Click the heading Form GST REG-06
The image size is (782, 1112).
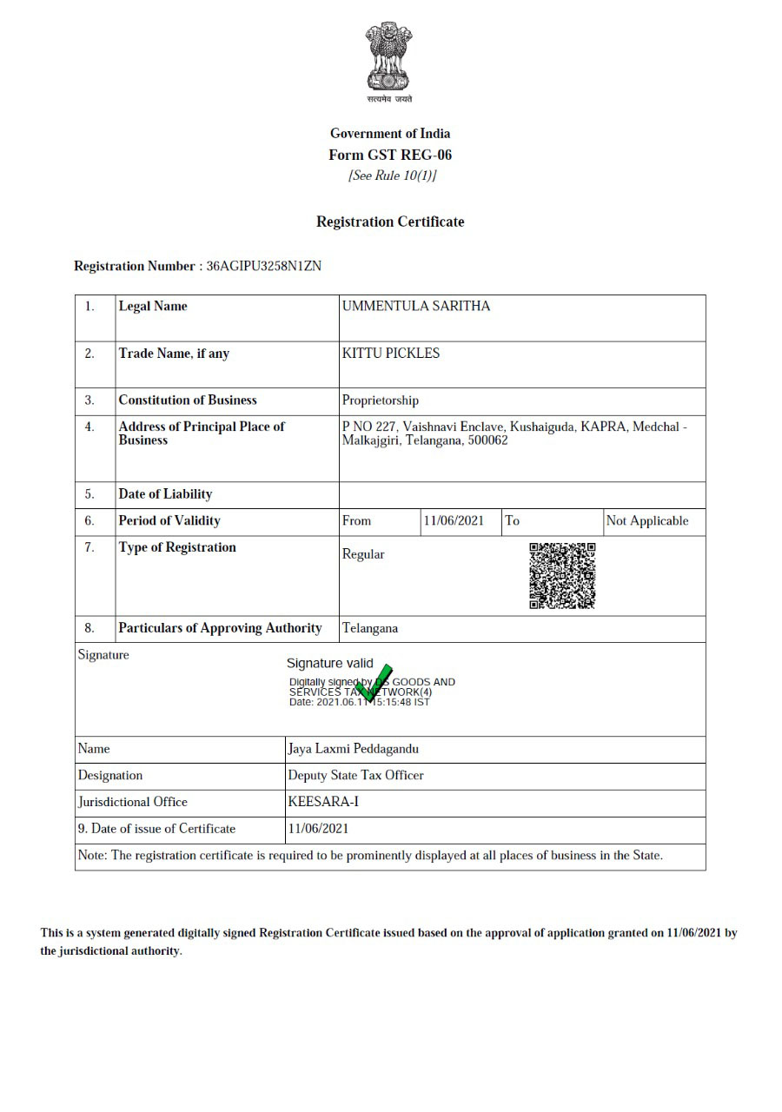(390, 156)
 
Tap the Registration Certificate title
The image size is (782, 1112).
(390, 222)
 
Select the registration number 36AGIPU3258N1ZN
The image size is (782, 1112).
(264, 266)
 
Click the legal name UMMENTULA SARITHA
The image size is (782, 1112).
(416, 307)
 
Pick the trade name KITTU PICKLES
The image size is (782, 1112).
(391, 354)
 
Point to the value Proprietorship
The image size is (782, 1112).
(381, 400)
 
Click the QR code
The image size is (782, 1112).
(562, 575)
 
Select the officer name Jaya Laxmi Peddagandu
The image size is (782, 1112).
(353, 749)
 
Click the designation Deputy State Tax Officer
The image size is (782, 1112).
(355, 775)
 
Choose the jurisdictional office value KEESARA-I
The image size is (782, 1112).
(323, 802)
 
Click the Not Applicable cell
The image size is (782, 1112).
(647, 521)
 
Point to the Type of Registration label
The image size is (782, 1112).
(177, 547)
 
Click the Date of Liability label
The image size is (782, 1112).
(165, 494)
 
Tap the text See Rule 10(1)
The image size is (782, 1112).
(392, 176)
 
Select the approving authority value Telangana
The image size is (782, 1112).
(370, 628)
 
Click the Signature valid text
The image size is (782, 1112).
(330, 663)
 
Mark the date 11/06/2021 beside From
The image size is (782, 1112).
(454, 521)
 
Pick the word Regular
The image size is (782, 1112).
(363, 554)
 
